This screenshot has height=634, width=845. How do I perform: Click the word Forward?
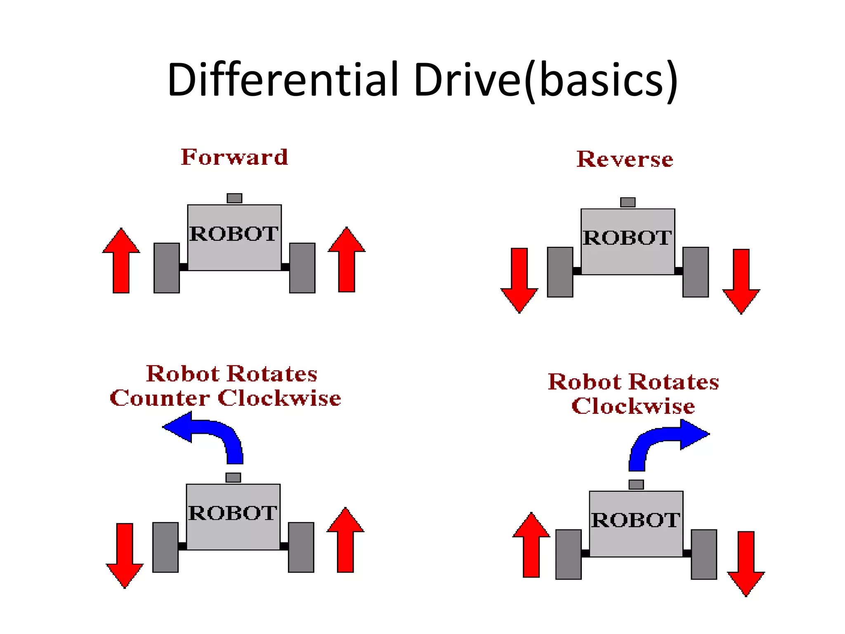(234, 157)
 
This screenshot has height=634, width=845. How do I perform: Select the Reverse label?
(625, 159)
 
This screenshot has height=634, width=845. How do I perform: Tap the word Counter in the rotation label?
(159, 398)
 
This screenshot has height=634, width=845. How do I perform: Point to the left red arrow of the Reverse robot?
(519, 279)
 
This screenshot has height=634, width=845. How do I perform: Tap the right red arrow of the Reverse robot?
(741, 280)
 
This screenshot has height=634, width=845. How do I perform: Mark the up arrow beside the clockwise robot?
(531, 546)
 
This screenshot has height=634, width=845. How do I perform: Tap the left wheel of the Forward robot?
(167, 268)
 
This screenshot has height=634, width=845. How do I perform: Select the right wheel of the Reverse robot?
(696, 272)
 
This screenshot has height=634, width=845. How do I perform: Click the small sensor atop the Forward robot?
(234, 198)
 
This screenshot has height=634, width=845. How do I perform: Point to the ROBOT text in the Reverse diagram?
(627, 238)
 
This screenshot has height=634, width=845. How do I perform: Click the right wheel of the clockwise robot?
(704, 554)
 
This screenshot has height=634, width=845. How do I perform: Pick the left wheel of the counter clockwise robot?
(165, 547)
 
